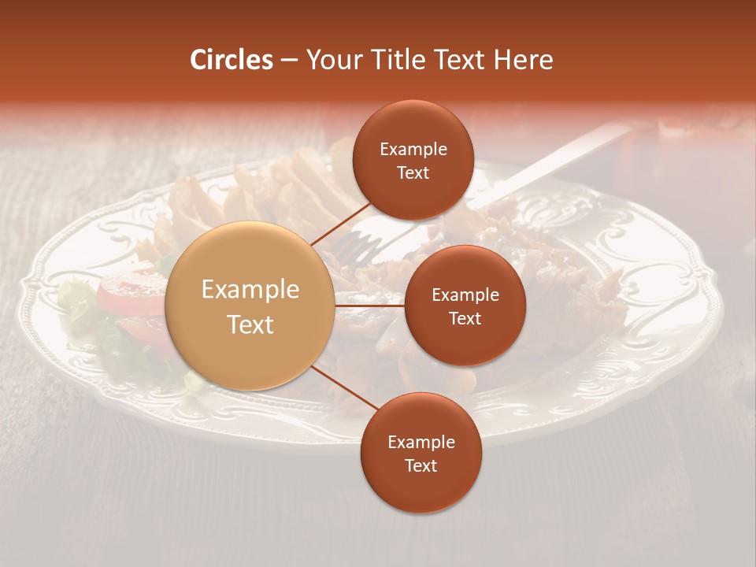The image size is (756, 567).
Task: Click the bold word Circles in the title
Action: [x=232, y=60]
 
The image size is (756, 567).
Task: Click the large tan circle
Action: [x=250, y=306]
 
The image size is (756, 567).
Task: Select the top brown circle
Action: [x=413, y=160]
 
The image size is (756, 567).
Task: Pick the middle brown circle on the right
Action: [x=465, y=306]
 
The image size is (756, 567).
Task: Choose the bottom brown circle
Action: [x=421, y=453]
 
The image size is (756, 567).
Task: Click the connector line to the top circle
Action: [x=341, y=224]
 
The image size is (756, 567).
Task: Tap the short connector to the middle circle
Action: [x=370, y=306]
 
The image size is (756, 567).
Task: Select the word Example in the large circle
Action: [x=250, y=290]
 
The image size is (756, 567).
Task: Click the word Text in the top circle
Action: [x=413, y=173]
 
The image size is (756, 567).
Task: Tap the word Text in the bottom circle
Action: [x=421, y=465]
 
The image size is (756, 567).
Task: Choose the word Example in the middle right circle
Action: [x=465, y=295]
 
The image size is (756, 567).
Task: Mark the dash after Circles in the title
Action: [x=289, y=60]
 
